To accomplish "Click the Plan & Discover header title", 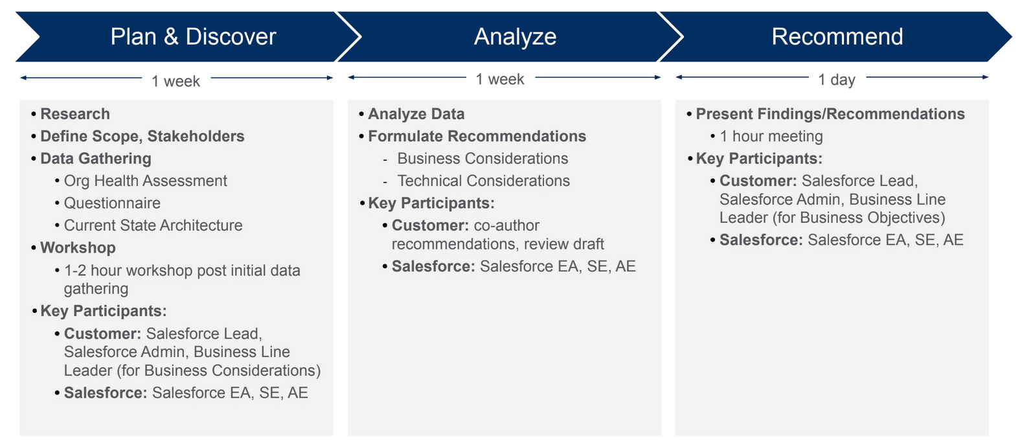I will click(x=193, y=37).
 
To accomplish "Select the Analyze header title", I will click(x=515, y=37).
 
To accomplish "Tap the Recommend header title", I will click(x=837, y=37).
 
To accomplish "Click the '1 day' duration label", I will click(x=836, y=80).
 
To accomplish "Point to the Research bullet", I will click(x=75, y=114).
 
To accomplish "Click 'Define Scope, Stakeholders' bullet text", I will click(x=142, y=137).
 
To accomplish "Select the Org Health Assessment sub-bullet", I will click(x=145, y=181).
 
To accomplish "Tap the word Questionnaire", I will click(x=112, y=203).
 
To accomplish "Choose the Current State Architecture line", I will click(x=153, y=225).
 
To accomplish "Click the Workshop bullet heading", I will click(x=78, y=248).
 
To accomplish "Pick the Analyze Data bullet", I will click(x=416, y=114).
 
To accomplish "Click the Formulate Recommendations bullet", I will click(x=477, y=137).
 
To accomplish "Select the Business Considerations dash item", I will click(x=483, y=159).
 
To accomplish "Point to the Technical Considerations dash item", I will click(x=483, y=181).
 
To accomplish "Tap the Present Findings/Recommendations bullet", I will click(x=830, y=114).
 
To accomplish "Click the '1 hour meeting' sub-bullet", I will click(x=771, y=137).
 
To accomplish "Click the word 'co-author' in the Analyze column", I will click(x=506, y=225).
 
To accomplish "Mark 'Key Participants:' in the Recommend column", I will click(x=758, y=159).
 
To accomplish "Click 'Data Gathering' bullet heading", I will click(x=95, y=159).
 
